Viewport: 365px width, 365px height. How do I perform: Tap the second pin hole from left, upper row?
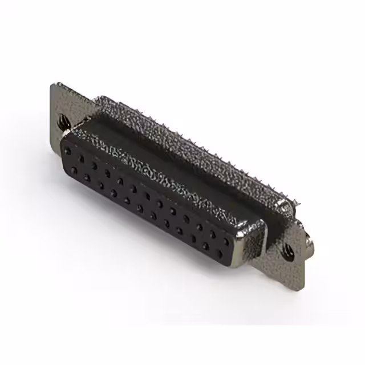[x=82, y=158]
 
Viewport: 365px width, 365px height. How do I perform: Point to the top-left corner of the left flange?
[x=54, y=86]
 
